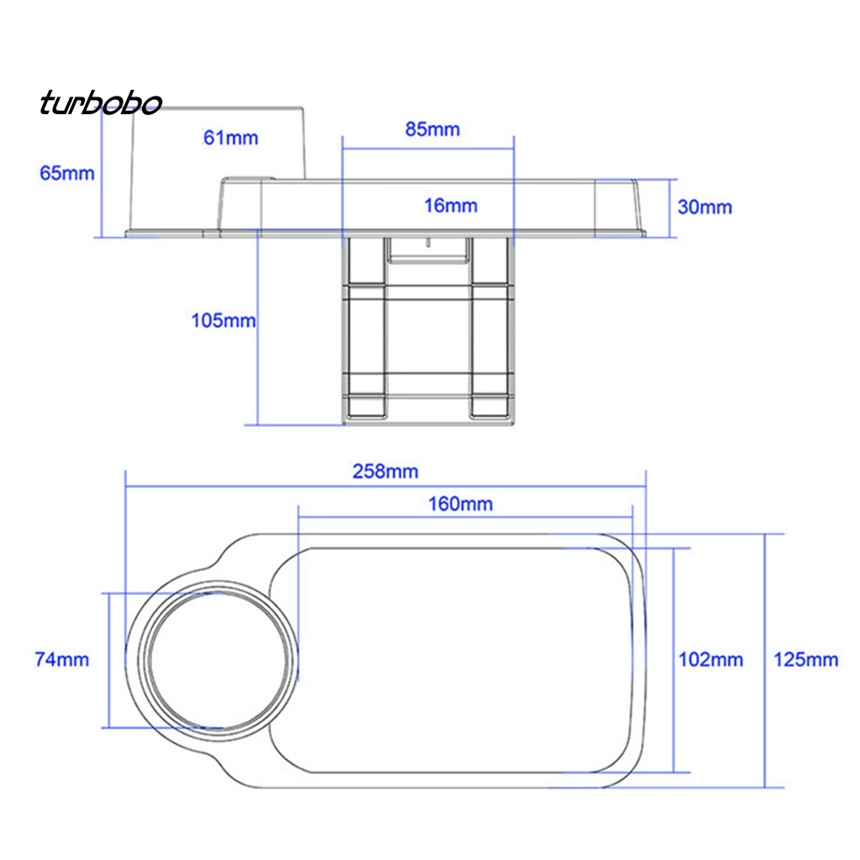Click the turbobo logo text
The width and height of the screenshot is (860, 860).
click(x=101, y=102)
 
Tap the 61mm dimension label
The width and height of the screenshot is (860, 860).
click(x=230, y=138)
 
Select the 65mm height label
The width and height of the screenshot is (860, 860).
click(x=67, y=173)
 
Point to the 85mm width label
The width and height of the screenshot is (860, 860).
click(x=433, y=129)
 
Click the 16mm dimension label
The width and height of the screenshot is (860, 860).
click(x=451, y=206)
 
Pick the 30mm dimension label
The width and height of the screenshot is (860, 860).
click(x=705, y=207)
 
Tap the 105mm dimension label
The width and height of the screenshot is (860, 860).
click(x=223, y=320)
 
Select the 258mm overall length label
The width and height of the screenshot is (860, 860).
click(x=385, y=471)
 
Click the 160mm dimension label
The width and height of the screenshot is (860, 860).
click(x=460, y=504)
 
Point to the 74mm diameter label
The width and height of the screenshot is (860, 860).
click(x=61, y=659)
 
